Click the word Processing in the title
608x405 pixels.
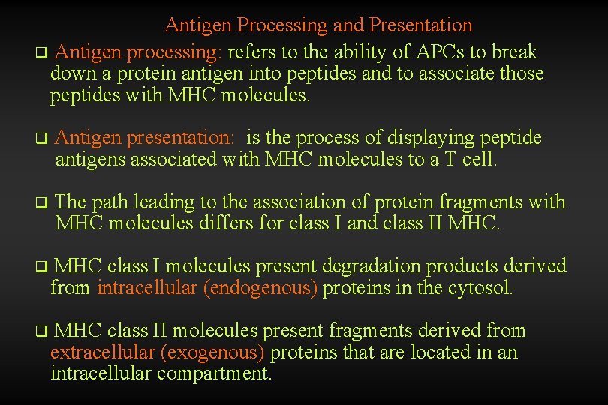coord(282,25)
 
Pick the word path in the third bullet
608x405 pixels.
coord(110,202)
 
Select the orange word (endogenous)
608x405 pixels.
coord(260,288)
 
